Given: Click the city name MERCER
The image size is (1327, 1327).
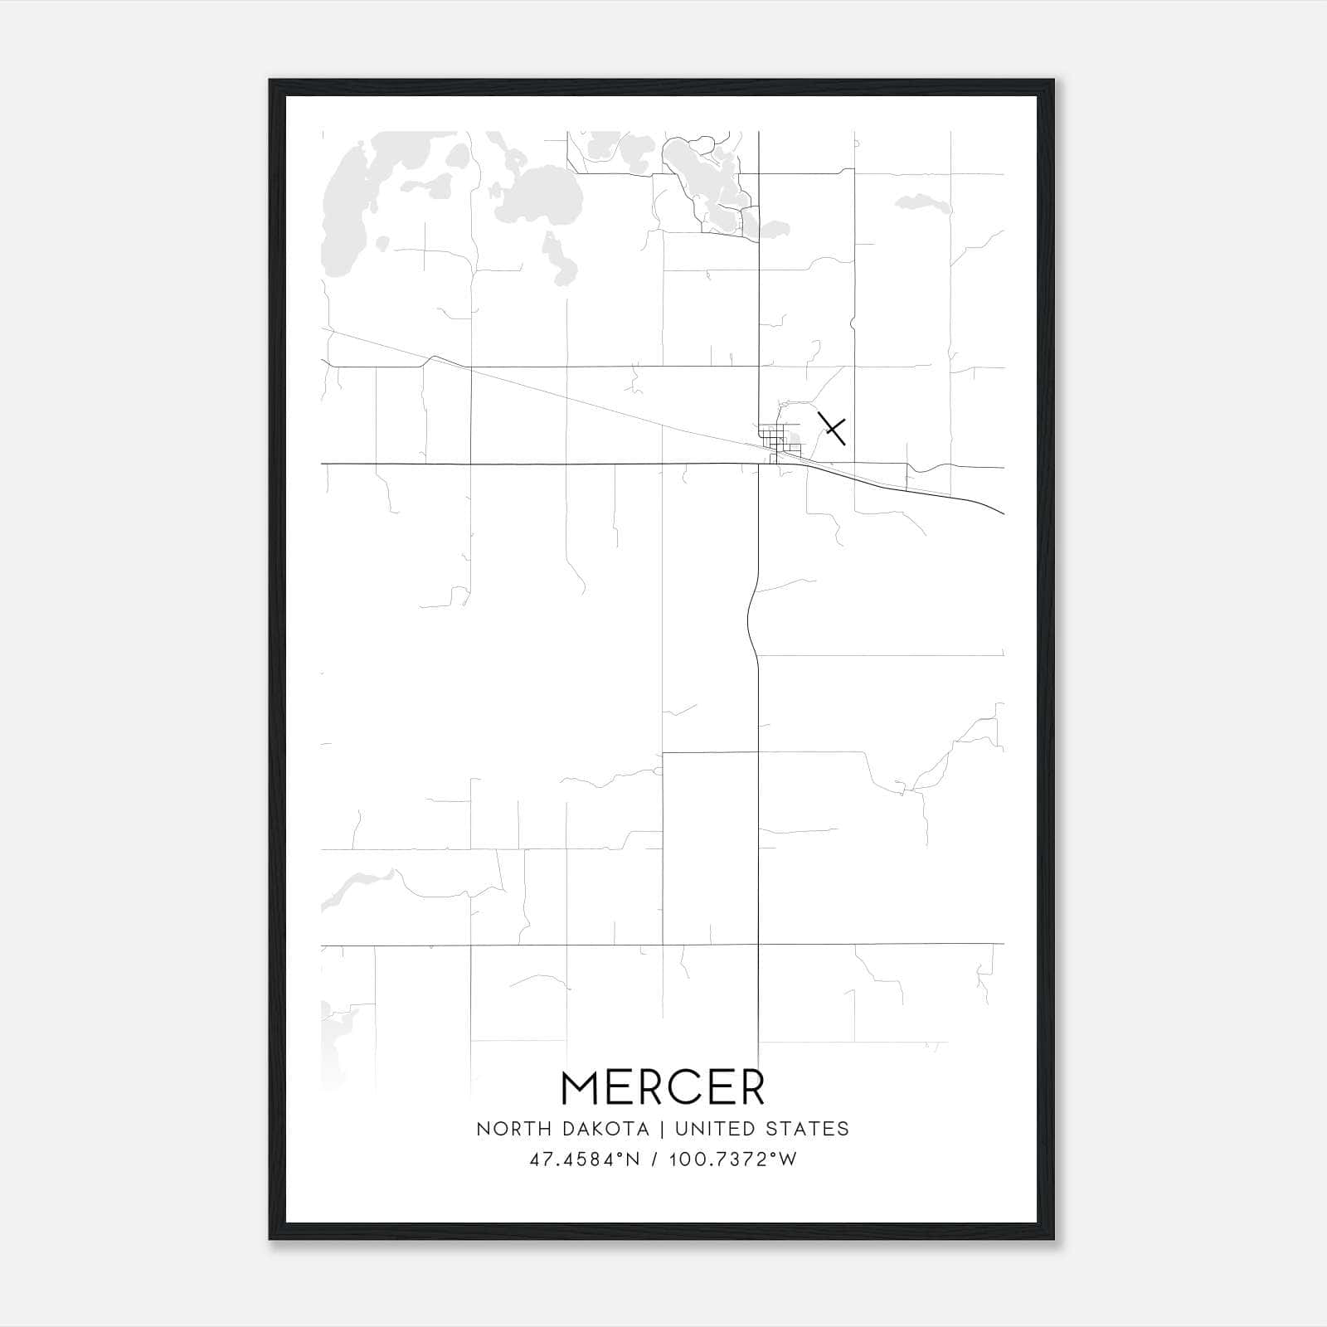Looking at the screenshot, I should click(663, 1087).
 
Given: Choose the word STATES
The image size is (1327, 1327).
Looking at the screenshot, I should click(809, 1129).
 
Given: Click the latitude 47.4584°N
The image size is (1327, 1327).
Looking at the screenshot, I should click(585, 1159).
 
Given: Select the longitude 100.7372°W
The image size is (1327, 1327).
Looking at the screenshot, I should click(732, 1159).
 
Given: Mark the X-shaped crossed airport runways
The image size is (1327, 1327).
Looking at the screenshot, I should click(832, 429).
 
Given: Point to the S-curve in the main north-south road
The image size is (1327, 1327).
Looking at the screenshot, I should click(751, 618).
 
